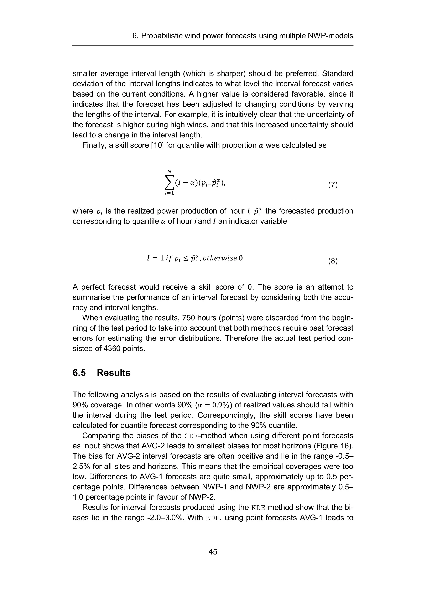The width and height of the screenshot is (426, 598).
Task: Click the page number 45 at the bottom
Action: click(213, 552)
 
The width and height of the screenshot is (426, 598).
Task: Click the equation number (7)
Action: click(333, 185)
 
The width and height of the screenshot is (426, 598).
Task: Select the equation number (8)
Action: click(333, 261)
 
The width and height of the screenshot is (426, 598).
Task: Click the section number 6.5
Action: click(79, 373)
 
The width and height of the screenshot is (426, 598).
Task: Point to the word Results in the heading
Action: click(113, 373)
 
